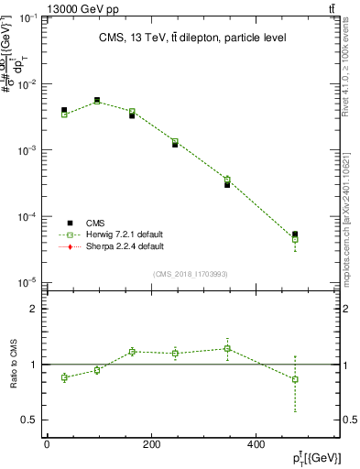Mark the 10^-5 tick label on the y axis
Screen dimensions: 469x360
(x=30, y=283)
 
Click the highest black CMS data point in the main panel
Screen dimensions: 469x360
(x=97, y=100)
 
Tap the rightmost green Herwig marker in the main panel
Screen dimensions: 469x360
(x=295, y=239)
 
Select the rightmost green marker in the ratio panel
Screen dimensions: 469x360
(x=295, y=379)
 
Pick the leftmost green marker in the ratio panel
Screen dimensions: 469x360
(x=64, y=377)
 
